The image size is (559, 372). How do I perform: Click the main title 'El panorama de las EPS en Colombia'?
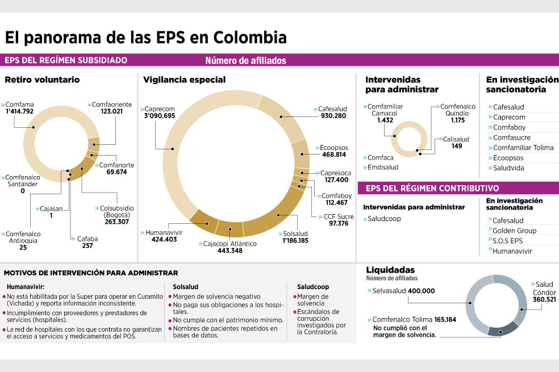pos(146,38)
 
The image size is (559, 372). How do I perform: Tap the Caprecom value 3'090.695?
pos(160,116)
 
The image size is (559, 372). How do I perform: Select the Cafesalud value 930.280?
pos(333,116)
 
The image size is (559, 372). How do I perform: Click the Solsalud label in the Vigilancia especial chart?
pos(295,234)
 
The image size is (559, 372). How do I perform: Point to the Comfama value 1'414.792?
pos(20,111)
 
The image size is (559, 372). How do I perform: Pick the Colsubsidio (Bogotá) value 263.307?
pos(117,221)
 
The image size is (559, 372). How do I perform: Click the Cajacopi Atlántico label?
pos(230,244)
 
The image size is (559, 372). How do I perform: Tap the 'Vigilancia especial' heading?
pos(184,80)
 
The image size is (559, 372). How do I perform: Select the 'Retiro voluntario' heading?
pos(42,80)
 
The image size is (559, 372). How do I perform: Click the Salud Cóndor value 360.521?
pos(544,299)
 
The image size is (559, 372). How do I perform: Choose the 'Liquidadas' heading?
pos(390,270)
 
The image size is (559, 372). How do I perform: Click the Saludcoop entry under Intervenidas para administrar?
pos(384,219)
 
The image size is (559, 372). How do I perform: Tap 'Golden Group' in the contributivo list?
pos(515,231)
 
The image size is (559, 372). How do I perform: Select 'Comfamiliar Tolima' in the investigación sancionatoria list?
pos(523,148)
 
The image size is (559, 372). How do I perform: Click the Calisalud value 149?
pos(457,146)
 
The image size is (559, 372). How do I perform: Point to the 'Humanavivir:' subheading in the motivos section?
pos(26,287)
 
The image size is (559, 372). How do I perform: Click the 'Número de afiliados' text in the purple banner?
pos(245,61)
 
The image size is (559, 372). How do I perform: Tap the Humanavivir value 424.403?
pos(164,240)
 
